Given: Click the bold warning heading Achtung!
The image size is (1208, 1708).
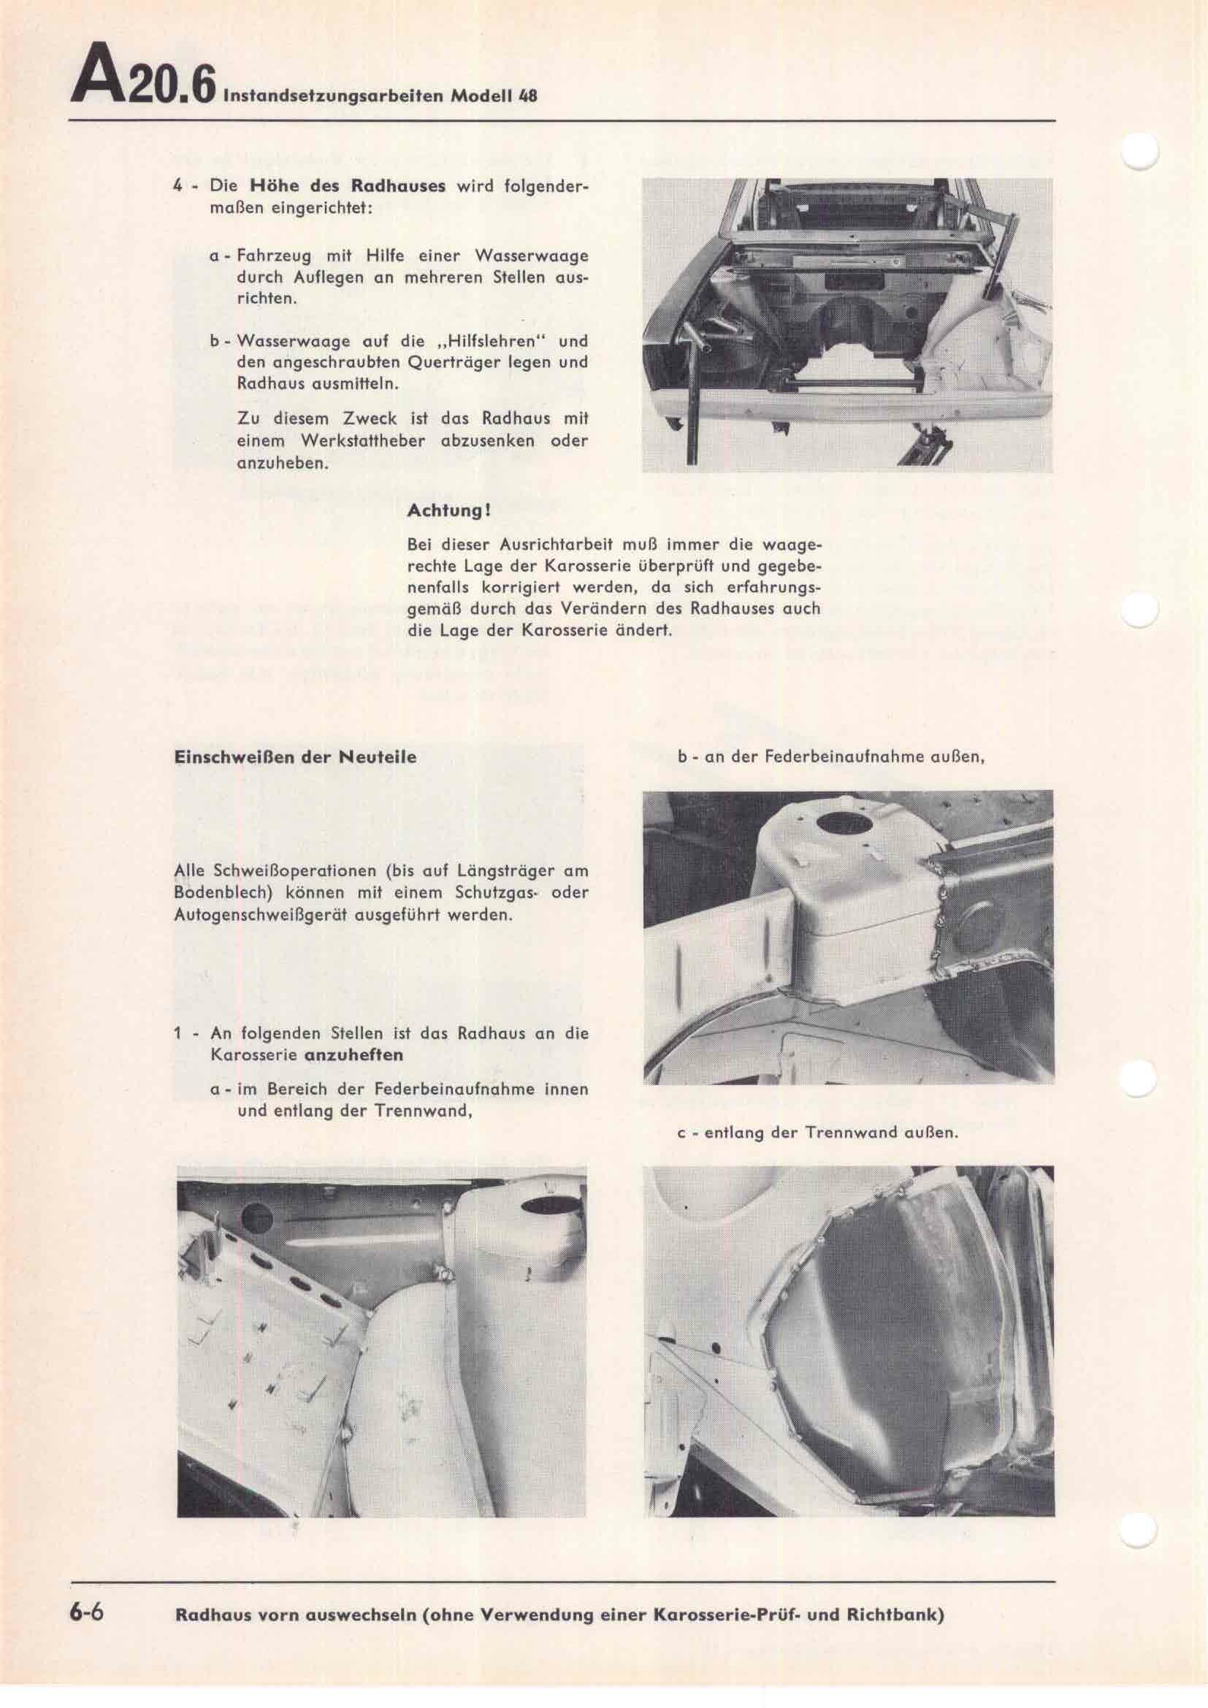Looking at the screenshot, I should click(x=448, y=512).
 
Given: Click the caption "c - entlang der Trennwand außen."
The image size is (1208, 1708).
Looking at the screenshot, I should click(x=817, y=1134).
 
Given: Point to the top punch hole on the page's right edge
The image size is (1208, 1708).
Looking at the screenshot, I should click(x=1139, y=154).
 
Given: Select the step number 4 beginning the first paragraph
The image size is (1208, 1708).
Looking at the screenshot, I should click(x=178, y=186).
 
